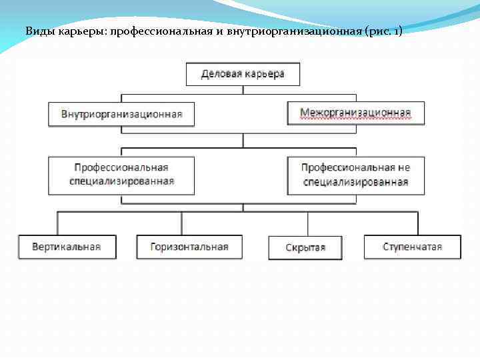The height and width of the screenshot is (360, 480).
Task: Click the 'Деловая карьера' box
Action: [x=243, y=74]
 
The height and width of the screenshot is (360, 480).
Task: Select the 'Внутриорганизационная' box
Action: [x=121, y=114]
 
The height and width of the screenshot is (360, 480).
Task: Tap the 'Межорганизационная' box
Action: [x=355, y=113]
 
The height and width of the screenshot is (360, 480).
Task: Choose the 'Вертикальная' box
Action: [x=67, y=247]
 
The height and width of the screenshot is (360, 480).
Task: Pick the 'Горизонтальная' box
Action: [x=189, y=247]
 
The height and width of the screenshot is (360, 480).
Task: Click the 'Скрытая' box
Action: [x=305, y=247]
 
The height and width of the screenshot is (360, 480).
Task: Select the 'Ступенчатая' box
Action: [x=412, y=247]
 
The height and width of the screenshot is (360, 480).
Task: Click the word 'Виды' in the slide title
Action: [x=37, y=31]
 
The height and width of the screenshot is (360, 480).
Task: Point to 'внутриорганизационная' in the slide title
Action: [x=294, y=31]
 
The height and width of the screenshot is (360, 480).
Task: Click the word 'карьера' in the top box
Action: [x=264, y=74]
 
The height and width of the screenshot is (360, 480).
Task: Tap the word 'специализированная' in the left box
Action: [x=121, y=181]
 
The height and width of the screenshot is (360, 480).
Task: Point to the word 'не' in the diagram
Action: [x=403, y=168]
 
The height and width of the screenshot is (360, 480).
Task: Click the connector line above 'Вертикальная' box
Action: [x=58, y=223]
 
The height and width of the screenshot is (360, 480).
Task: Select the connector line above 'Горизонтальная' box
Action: [x=181, y=223]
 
